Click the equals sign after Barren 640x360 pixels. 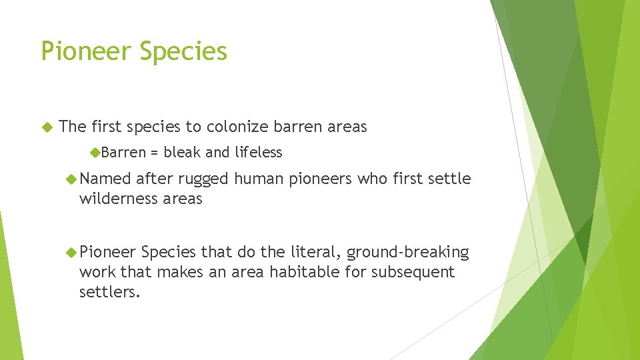coord(154,153)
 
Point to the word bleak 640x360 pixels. coord(182,153)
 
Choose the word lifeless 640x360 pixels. coord(258,153)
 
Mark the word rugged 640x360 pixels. coord(203,179)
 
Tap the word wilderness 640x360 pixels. coord(118,199)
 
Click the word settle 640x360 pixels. coord(451,179)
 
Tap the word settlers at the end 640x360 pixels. coord(109,292)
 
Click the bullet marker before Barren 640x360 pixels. coord(95,153)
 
